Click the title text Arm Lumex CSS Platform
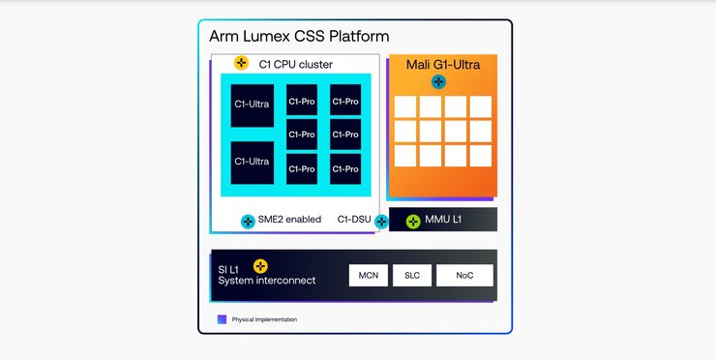[299, 37]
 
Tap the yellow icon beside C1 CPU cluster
[242, 64]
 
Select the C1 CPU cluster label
[295, 65]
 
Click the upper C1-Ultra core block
[252, 105]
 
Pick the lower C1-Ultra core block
[252, 162]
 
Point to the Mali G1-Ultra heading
[444, 64]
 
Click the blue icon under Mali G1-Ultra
[438, 82]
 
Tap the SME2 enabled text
[290, 220]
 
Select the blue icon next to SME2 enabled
[248, 221]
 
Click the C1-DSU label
[354, 220]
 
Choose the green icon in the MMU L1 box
[413, 221]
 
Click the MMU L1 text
[444, 221]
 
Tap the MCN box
[368, 276]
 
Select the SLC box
[411, 276]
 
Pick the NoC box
[464, 276]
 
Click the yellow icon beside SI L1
[259, 266]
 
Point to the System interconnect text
[267, 282]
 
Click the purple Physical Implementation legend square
[222, 318]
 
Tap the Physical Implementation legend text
[264, 319]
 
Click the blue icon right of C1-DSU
[381, 221]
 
